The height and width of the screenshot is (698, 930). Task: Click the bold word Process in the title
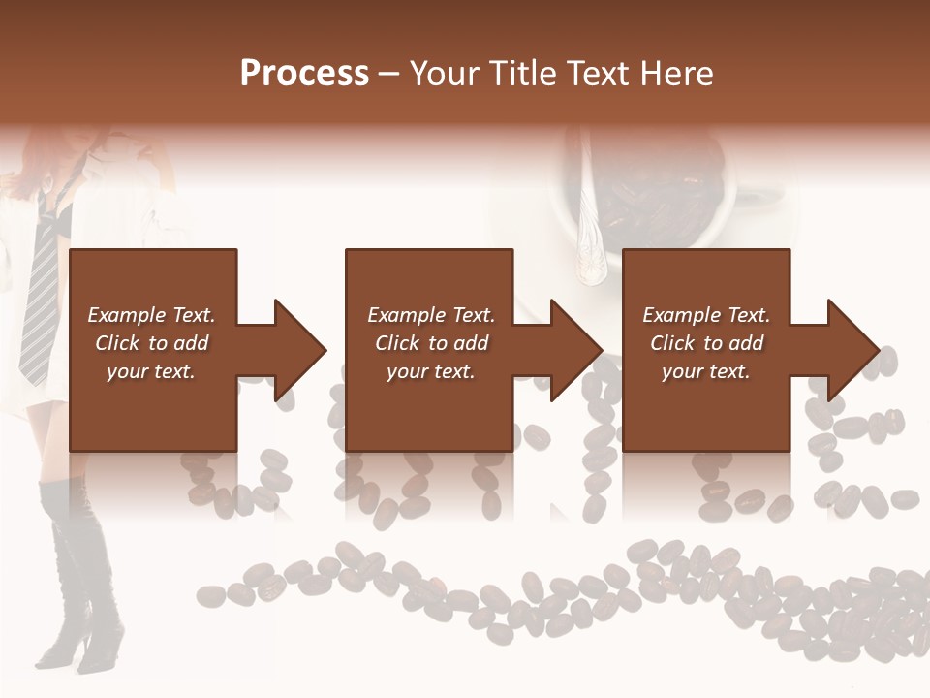pyautogui.click(x=304, y=74)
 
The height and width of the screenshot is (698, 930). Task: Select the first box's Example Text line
pyautogui.click(x=151, y=315)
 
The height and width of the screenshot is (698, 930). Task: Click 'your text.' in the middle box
pyautogui.click(x=430, y=371)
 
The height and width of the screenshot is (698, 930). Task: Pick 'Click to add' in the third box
pyautogui.click(x=706, y=343)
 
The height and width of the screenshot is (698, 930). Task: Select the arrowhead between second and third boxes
pyautogui.click(x=574, y=350)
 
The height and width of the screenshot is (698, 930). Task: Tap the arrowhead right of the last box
pyautogui.click(x=851, y=350)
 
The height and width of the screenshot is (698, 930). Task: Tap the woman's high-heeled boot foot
pyautogui.click(x=97, y=650)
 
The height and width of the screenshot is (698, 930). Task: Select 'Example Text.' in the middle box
pyautogui.click(x=430, y=315)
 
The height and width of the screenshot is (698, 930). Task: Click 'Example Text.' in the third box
pyautogui.click(x=706, y=315)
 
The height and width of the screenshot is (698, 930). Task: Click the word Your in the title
pyautogui.click(x=444, y=74)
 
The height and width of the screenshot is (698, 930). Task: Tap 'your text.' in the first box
pyautogui.click(x=151, y=371)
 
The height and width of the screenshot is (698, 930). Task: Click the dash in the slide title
pyautogui.click(x=389, y=74)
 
